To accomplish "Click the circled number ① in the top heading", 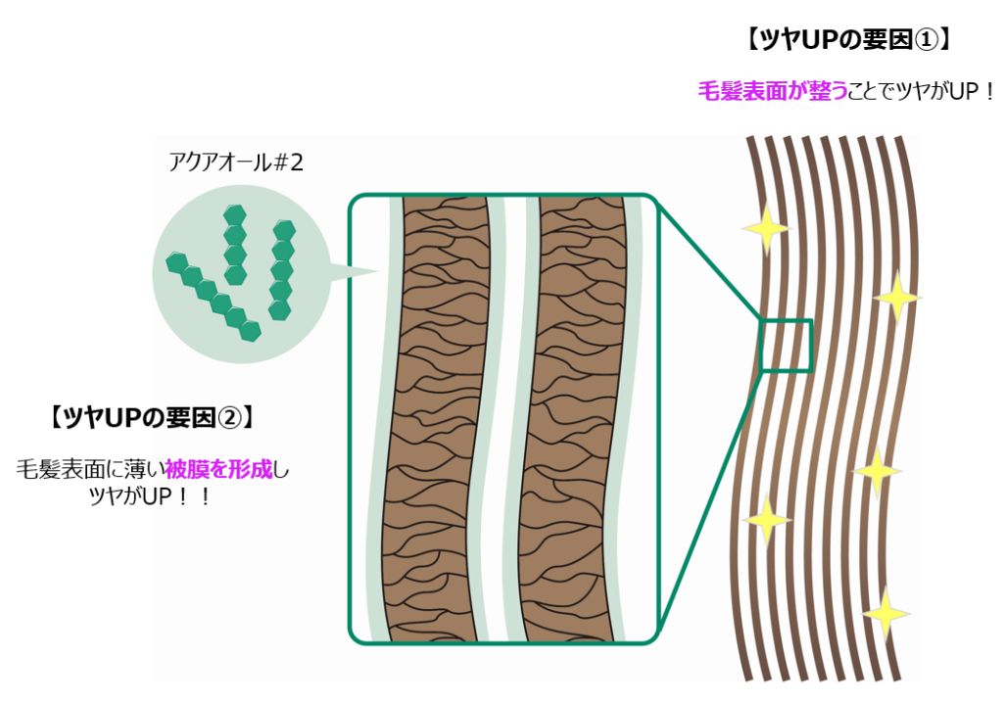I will point(925,40).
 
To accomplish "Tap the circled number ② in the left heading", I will point(226,417).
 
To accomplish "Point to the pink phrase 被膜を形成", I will point(232,469).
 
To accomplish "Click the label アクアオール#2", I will point(236,162).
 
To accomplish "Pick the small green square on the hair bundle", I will point(787,346).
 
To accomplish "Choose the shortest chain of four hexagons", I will point(234,244).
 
